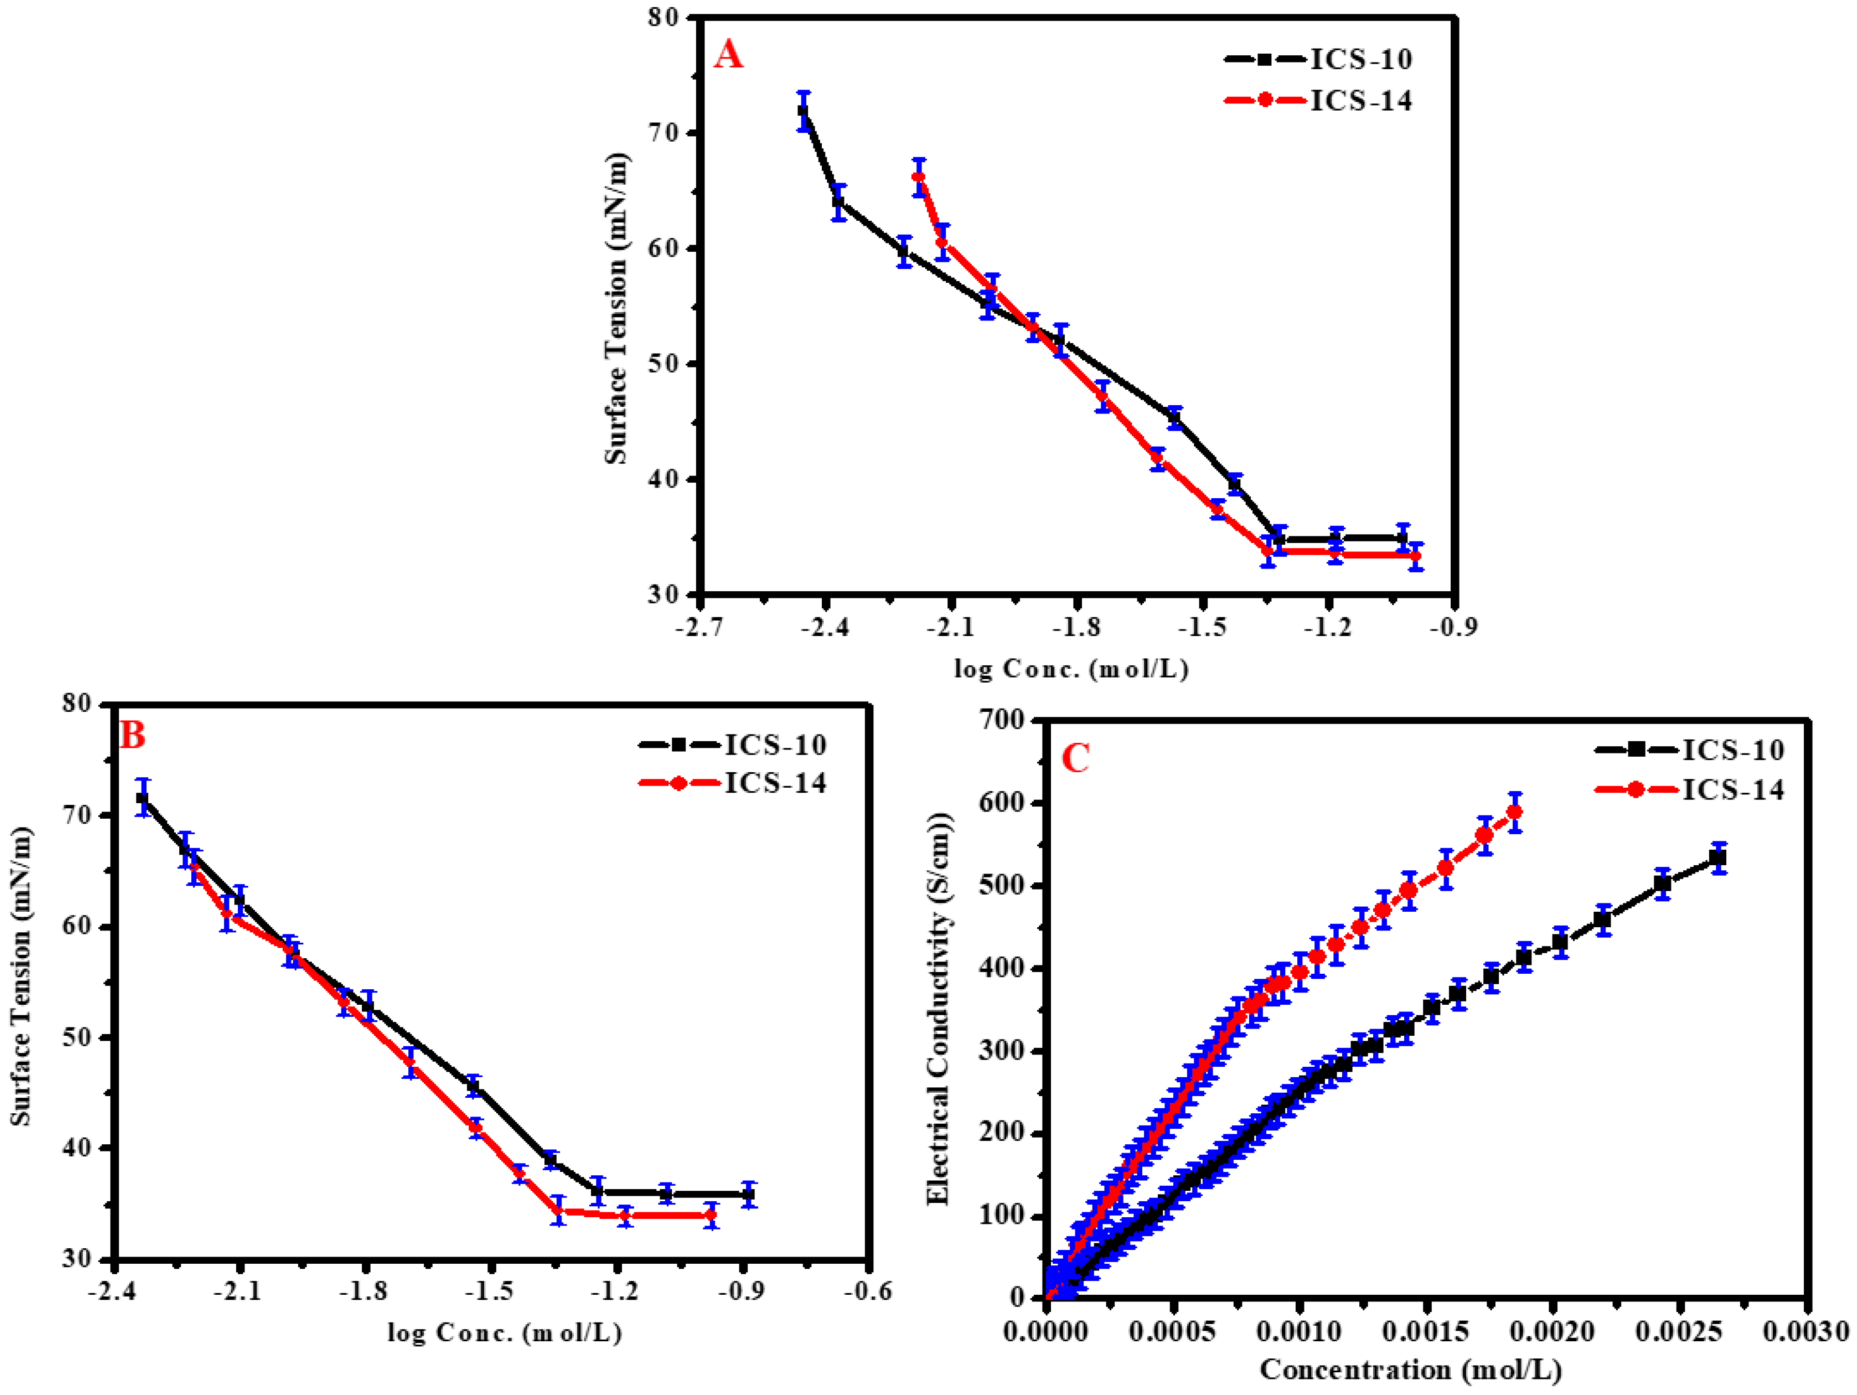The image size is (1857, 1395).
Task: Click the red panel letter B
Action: (133, 735)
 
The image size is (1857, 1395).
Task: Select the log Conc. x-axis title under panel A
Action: (1072, 669)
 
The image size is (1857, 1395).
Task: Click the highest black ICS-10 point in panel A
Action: (803, 111)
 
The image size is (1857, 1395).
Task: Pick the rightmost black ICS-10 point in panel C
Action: (1717, 858)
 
